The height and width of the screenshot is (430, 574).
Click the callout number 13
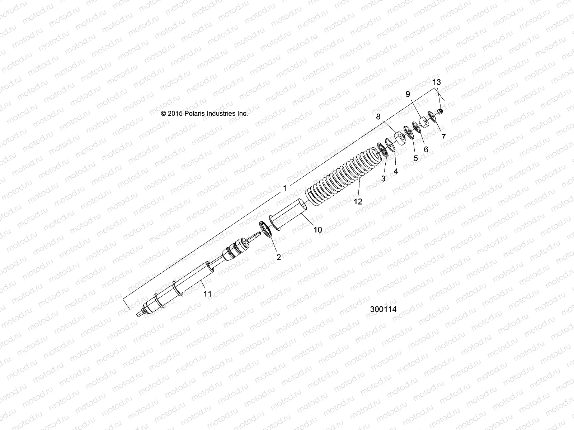click(437, 82)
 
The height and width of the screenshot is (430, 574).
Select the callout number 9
click(408, 94)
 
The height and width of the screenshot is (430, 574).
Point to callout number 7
click(443, 137)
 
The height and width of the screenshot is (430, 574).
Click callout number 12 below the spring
click(358, 202)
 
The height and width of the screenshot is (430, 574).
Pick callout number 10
click(318, 230)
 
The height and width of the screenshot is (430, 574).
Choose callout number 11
click(207, 294)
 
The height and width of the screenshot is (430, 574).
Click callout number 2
click(278, 257)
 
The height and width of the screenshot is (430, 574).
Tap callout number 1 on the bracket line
click(284, 188)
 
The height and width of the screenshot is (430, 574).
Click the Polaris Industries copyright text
click(204, 114)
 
